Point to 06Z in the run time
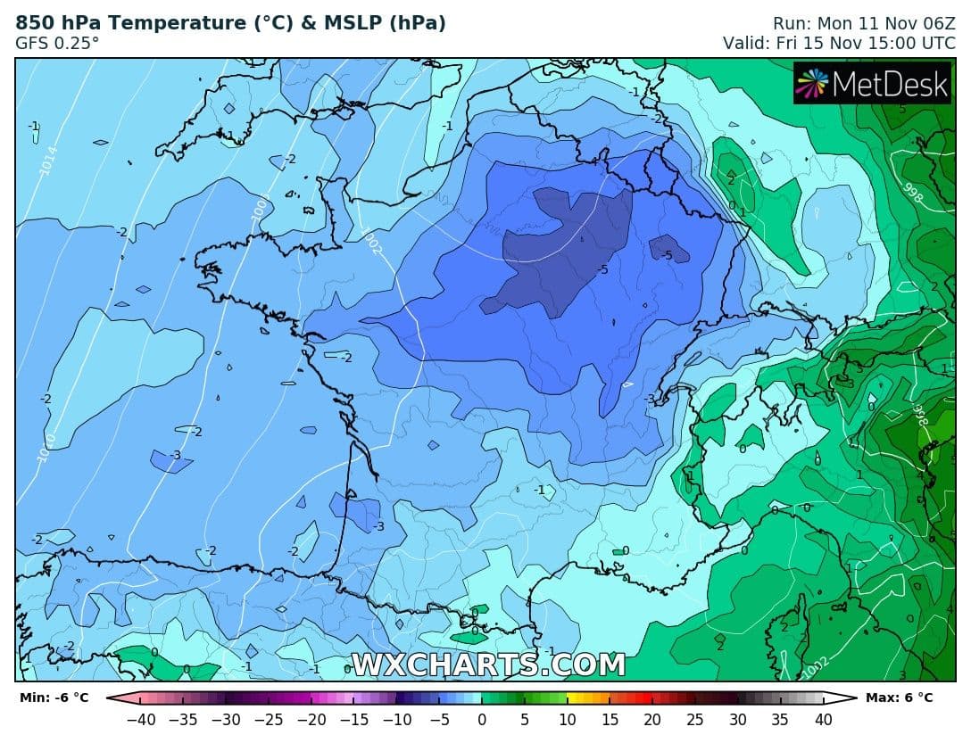(x=934, y=23)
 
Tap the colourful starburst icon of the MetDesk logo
(x=812, y=83)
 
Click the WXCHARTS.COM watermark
(x=488, y=665)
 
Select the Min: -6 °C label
(x=54, y=698)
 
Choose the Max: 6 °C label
(x=899, y=698)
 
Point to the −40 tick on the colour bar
(x=140, y=719)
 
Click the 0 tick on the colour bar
(x=482, y=719)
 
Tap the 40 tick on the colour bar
(x=823, y=719)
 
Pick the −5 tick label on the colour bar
(x=438, y=719)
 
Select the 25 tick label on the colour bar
(x=695, y=719)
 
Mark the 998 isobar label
(x=912, y=195)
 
